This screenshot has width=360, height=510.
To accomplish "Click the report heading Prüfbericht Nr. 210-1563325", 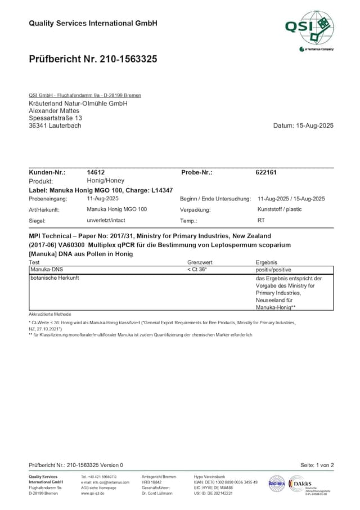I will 93,59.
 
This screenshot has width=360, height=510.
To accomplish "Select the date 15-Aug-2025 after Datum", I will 314,126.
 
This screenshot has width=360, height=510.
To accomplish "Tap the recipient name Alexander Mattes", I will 54,111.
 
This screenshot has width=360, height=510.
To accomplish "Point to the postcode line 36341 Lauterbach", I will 55,126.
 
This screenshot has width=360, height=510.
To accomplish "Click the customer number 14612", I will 96,173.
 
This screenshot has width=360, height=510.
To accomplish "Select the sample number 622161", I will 266,173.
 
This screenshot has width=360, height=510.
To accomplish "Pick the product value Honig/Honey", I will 106,181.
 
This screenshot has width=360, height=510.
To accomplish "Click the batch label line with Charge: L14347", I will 101,190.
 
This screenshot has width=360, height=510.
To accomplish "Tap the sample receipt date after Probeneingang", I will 103,199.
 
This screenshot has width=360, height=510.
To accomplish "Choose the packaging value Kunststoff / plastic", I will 280,209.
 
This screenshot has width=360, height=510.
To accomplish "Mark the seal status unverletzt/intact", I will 106,221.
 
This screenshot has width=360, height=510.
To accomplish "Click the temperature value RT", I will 261,221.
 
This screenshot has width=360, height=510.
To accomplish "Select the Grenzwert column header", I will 200,262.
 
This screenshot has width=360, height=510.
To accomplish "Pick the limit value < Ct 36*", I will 197,270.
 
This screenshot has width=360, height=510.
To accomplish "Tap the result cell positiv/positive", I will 273,270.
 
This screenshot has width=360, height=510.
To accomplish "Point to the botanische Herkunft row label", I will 55,278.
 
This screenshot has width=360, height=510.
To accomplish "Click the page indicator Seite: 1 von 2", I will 317,465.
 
